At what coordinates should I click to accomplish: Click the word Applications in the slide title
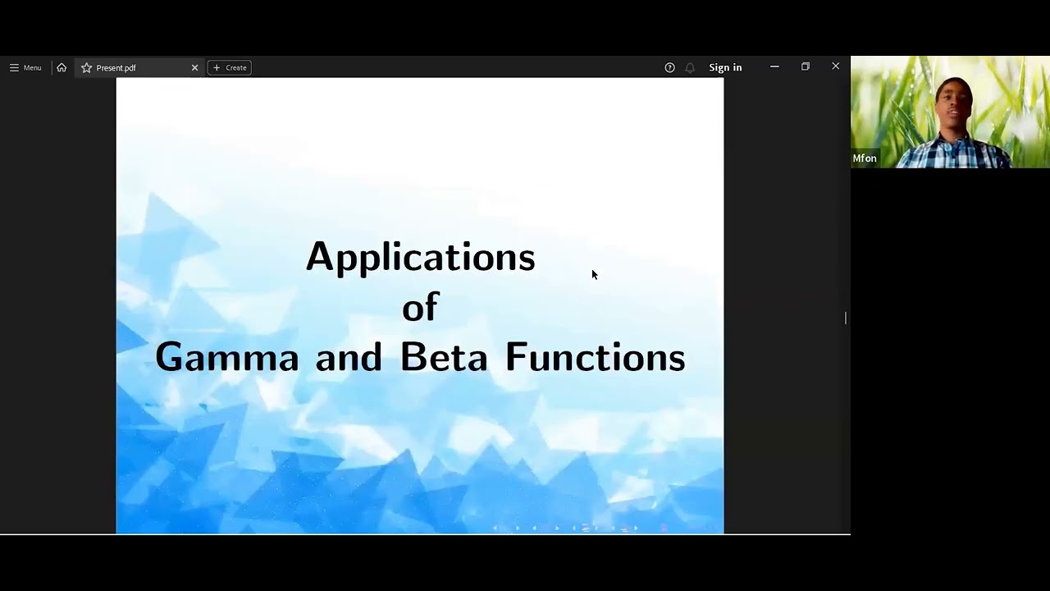[x=420, y=257]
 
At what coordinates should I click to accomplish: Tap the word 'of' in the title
[x=420, y=307]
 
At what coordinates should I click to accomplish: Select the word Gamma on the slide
[x=227, y=358]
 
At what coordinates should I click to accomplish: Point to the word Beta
[x=443, y=358]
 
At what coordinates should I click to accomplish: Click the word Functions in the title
[x=595, y=358]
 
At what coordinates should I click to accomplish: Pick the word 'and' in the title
[x=349, y=358]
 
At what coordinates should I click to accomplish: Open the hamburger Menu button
[x=25, y=67]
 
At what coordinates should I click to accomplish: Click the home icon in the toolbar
[x=62, y=67]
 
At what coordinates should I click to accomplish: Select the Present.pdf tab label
[x=116, y=67]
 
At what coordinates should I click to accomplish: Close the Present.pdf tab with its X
[x=194, y=67]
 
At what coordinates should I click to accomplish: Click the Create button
[x=230, y=67]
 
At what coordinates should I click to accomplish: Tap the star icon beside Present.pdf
[x=86, y=67]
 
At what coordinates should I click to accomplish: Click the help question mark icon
[x=669, y=67]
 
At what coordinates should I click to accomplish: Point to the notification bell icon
[x=690, y=67]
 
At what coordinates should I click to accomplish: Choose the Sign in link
[x=725, y=67]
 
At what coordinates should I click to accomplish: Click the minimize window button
[x=774, y=66]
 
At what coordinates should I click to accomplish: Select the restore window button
[x=806, y=66]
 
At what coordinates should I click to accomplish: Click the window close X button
[x=836, y=66]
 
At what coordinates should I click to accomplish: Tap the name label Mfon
[x=865, y=158]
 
